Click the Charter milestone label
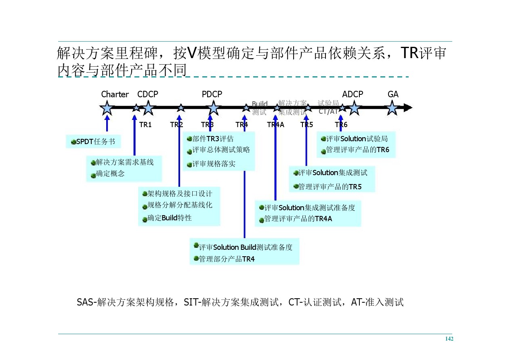click(115, 94)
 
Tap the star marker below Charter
click(107, 108)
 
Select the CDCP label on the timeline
click(148, 94)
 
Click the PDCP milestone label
click(212, 94)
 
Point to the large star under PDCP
click(213, 108)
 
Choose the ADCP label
click(353, 94)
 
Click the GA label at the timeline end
click(393, 94)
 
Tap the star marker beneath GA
click(392, 108)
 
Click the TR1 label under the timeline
click(145, 125)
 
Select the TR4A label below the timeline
click(275, 125)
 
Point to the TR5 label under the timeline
click(306, 125)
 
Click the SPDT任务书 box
click(93, 142)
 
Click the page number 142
click(449, 339)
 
